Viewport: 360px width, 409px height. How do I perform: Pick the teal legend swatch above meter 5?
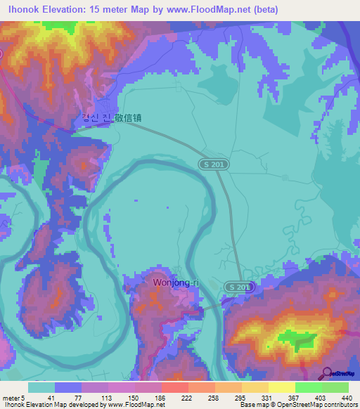click(x=41, y=387)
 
